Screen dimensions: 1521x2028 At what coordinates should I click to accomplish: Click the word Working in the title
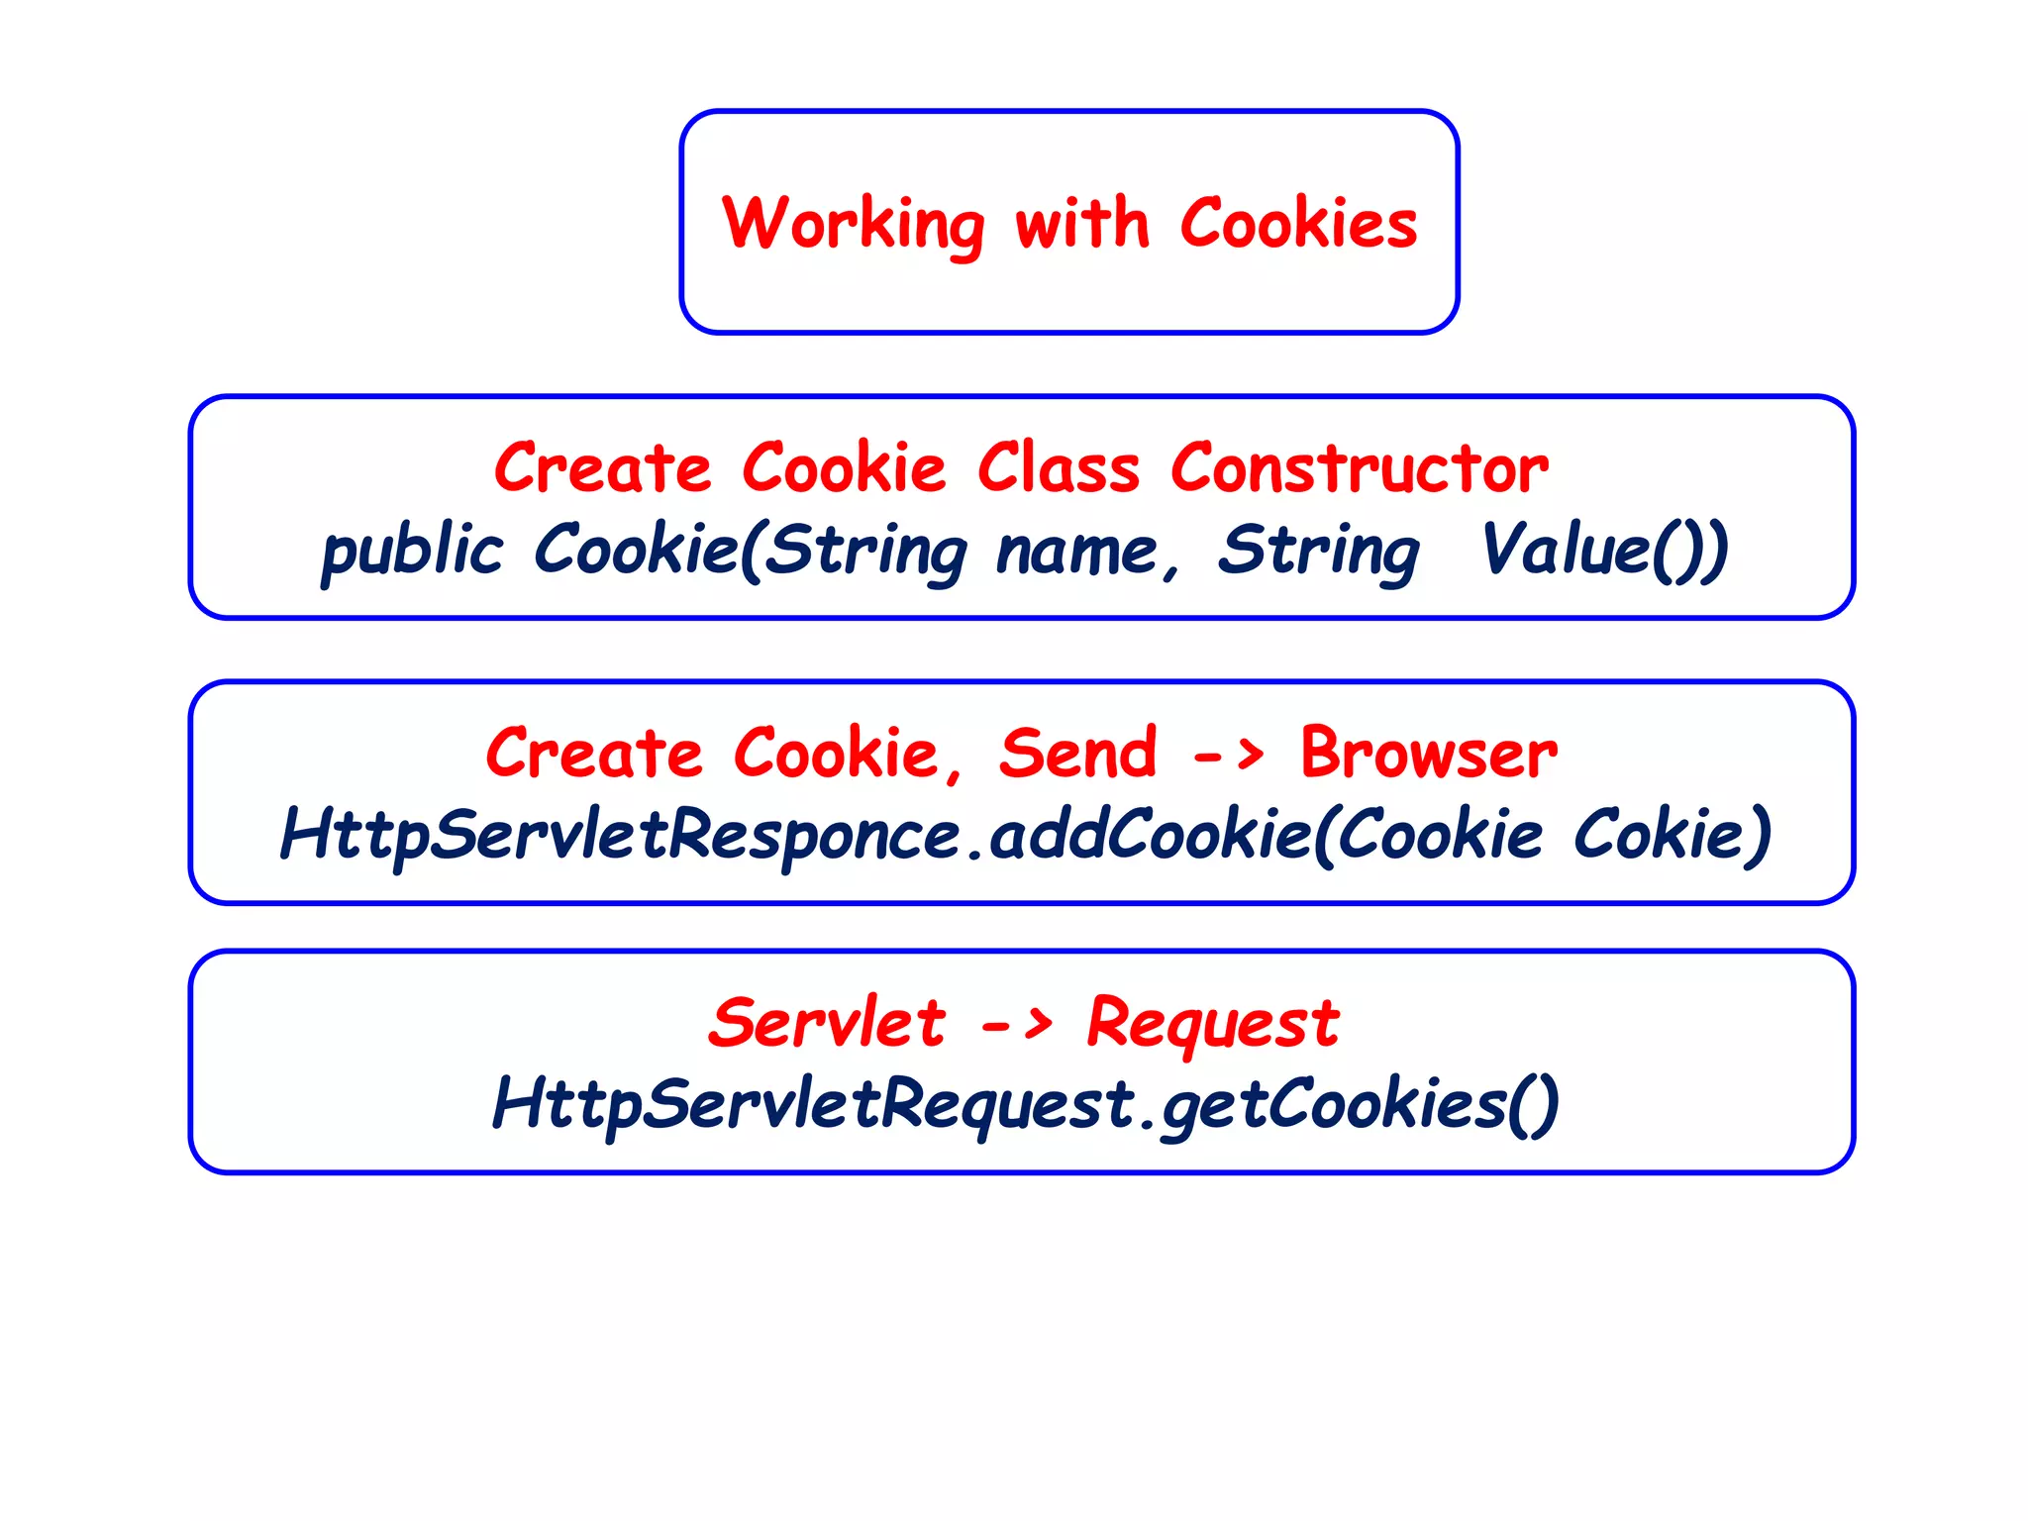pos(853,224)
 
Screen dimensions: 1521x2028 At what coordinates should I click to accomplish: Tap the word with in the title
pos(1081,224)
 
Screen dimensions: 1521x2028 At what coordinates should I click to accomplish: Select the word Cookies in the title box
pos(1298,224)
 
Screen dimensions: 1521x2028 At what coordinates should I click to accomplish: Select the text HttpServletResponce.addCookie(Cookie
pos(911,835)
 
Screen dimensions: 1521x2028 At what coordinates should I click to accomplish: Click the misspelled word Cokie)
pos(1673,833)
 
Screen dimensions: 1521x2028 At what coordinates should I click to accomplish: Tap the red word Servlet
pos(827,1022)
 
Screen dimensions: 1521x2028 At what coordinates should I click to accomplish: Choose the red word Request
pos(1212,1024)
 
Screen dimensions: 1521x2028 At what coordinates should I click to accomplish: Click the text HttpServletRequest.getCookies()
pos(1025,1104)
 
